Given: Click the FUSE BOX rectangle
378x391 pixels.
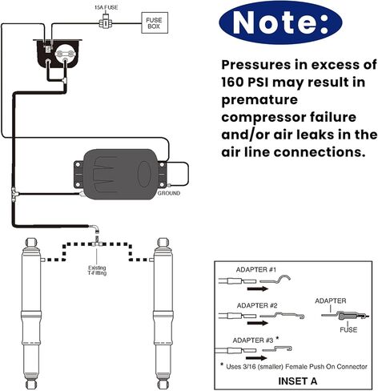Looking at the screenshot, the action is click(x=155, y=23).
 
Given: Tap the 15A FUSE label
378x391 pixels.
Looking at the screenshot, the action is click(x=107, y=7).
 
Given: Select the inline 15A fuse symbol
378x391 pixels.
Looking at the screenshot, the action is click(x=106, y=23).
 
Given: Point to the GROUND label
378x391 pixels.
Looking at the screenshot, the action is click(x=169, y=193).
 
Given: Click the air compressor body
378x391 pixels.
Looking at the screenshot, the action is click(x=121, y=174).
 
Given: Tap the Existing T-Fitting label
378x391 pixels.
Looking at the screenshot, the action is click(x=97, y=270).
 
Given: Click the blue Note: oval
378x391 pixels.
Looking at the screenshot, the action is click(x=280, y=22).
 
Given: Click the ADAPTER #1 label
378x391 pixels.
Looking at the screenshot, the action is click(x=256, y=270).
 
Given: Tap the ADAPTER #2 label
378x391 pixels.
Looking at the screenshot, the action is click(x=257, y=305).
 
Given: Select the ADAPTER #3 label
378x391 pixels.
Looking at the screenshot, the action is click(x=253, y=341).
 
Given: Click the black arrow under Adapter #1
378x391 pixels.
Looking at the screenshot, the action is click(x=258, y=288).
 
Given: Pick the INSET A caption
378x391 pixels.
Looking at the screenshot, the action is click(x=298, y=381).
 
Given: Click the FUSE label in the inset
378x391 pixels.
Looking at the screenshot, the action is click(x=348, y=329).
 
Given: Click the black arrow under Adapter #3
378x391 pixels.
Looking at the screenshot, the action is click(x=256, y=358).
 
